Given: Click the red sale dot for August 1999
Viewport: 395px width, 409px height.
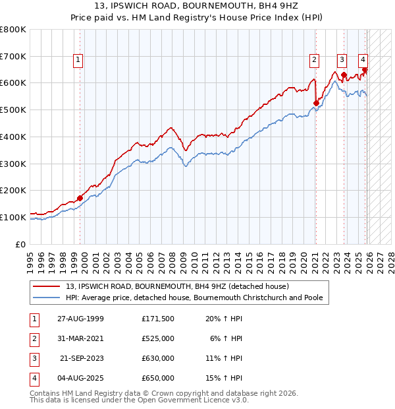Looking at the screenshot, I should click(80, 197).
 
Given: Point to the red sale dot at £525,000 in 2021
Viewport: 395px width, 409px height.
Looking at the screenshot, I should click(316, 103).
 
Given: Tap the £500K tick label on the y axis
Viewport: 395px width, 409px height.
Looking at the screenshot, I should click(13, 110).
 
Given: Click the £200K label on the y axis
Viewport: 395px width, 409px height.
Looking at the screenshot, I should click(13, 190).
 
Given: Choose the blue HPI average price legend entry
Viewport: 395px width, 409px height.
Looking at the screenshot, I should click(194, 298).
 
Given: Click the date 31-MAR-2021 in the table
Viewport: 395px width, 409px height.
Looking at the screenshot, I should click(80, 338).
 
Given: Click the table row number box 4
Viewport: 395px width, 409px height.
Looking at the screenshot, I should click(34, 378).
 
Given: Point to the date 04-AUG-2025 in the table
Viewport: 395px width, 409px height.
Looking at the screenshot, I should click(80, 378).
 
